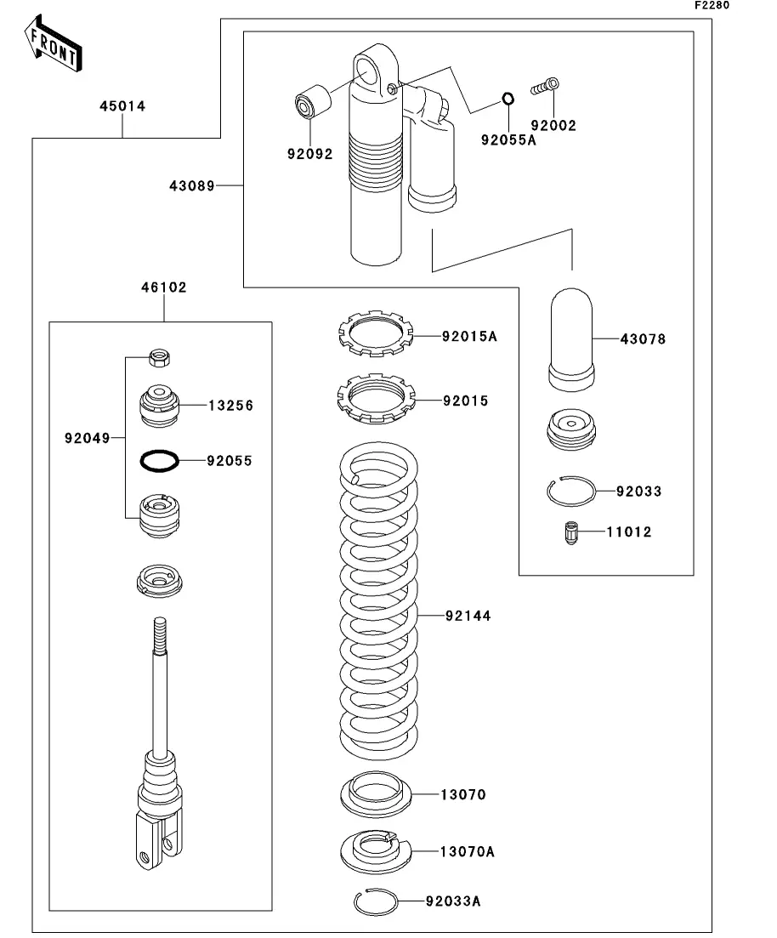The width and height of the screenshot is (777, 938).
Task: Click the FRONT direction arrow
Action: click(54, 43)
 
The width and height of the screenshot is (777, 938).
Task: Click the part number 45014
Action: click(122, 106)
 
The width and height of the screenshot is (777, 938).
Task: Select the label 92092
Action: click(309, 154)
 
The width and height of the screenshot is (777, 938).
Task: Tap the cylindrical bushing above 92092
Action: click(313, 103)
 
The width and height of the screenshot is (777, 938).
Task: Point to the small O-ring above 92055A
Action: click(508, 98)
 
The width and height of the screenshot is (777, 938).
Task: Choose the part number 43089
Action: click(192, 186)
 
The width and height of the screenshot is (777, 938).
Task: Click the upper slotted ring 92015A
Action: click(376, 333)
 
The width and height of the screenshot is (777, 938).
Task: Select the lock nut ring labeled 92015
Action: click(376, 398)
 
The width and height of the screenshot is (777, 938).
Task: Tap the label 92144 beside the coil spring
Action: click(468, 616)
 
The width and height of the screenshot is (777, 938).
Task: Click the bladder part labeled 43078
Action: click(571, 339)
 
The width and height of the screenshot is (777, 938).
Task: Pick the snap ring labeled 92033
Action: click(571, 492)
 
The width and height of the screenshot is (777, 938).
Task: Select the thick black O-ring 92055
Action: click(159, 461)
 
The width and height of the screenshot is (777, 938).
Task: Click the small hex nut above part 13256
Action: click(160, 358)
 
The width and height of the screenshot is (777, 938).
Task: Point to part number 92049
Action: click(88, 439)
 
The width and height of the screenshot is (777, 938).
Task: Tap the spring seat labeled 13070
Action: click(376, 793)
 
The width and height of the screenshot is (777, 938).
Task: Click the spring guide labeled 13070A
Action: click(376, 851)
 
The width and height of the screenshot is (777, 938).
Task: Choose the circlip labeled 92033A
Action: click(376, 901)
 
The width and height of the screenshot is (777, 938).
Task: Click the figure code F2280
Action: click(712, 5)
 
